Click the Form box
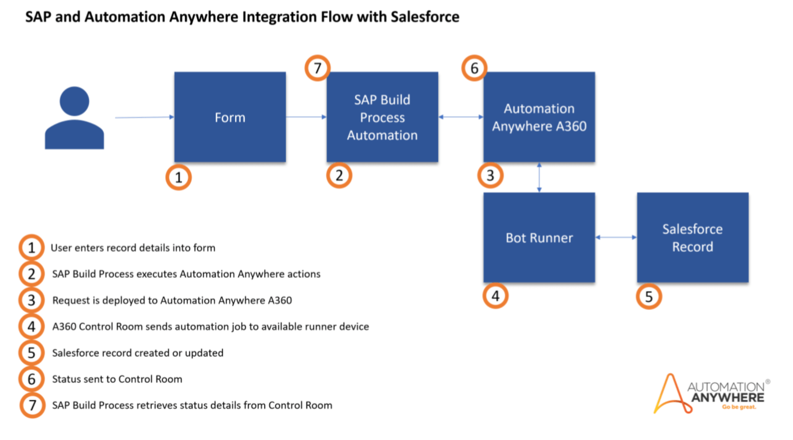click(x=230, y=117)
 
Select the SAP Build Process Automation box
click(x=382, y=117)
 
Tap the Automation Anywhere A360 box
click(x=539, y=117)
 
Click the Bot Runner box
click(x=539, y=238)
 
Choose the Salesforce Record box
click(x=692, y=238)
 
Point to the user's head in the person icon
click(x=74, y=101)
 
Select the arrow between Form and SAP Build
click(x=306, y=117)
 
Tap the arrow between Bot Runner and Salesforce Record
click(x=616, y=237)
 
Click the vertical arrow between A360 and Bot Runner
click(x=539, y=177)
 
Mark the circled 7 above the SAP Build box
click(x=318, y=68)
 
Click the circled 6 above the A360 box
click(x=474, y=68)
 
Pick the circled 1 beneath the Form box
click(x=178, y=177)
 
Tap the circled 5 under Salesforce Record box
click(x=649, y=296)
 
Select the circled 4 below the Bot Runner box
click(x=495, y=296)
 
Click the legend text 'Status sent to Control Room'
click(x=117, y=379)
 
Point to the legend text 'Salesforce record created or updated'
click(x=138, y=353)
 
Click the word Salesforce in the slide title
click(x=425, y=17)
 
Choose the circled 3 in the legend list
click(x=31, y=300)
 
